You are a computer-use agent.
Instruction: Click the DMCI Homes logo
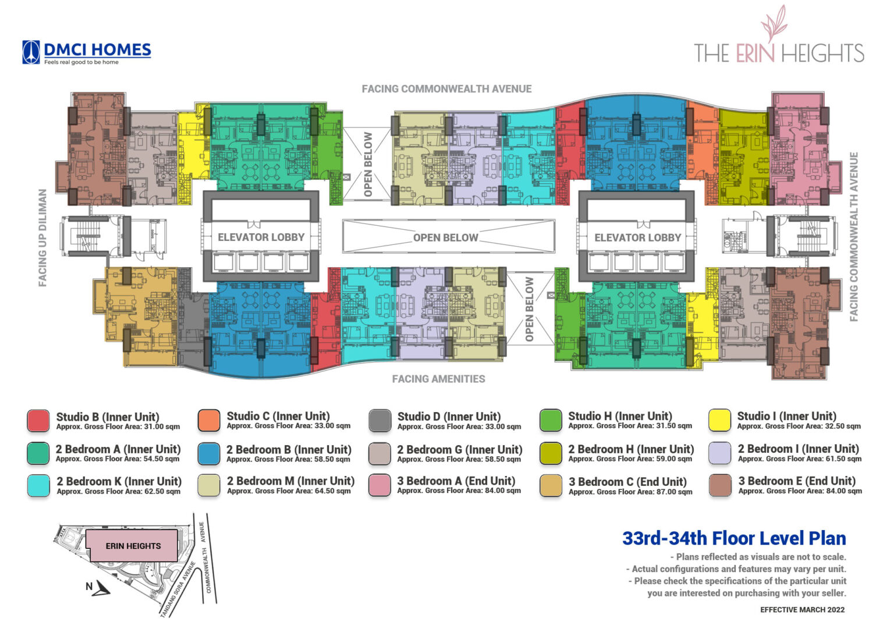pyautogui.click(x=87, y=52)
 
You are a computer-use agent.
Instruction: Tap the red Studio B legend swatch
pyautogui.click(x=38, y=421)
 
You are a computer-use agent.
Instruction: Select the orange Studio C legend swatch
pyautogui.click(x=209, y=420)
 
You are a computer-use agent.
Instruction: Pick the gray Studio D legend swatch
pyautogui.click(x=379, y=421)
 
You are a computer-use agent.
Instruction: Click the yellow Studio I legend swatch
pyautogui.click(x=719, y=420)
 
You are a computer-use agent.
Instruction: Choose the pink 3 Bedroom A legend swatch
pyautogui.click(x=379, y=485)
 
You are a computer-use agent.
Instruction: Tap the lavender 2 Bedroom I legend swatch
pyautogui.click(x=719, y=453)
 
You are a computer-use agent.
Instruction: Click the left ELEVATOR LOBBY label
pyautogui.click(x=261, y=237)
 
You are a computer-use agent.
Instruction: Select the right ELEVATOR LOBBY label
pyautogui.click(x=637, y=237)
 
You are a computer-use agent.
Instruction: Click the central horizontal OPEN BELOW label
pyautogui.click(x=446, y=237)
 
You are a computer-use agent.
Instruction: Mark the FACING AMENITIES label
pyautogui.click(x=438, y=379)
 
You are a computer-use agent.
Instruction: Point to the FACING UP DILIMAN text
pyautogui.click(x=42, y=237)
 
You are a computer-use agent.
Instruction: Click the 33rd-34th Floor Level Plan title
pyautogui.click(x=734, y=538)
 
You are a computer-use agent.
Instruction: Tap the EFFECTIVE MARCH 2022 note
pyautogui.click(x=802, y=610)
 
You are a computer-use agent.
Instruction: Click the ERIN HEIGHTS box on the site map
pyautogui.click(x=133, y=546)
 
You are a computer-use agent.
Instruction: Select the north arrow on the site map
pyautogui.click(x=101, y=588)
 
